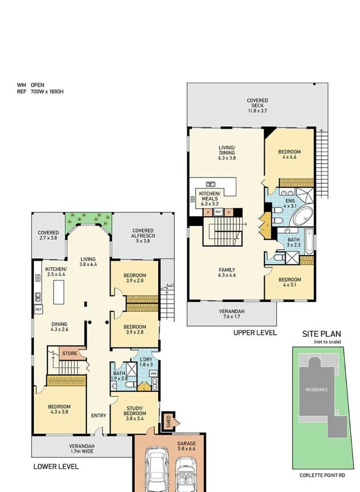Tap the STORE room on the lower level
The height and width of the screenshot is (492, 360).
tap(70, 353)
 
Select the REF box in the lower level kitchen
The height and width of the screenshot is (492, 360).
tap(38, 309)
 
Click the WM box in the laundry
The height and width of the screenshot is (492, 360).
tap(153, 374)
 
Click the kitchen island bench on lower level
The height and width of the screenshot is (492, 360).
tap(59, 292)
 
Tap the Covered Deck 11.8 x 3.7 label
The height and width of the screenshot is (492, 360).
tap(257, 105)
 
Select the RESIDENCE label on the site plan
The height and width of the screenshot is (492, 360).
tap(317, 390)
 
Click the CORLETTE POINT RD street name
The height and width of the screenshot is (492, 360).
tap(322, 476)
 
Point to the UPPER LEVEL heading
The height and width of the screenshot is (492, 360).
tap(255, 333)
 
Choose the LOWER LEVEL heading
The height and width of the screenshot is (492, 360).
tap(56, 467)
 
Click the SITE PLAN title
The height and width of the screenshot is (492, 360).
tap(321, 334)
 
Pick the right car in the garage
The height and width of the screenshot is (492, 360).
tap(186, 474)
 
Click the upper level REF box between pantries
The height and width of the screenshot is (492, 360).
tap(219, 212)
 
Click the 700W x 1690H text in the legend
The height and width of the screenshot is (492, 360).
tap(47, 92)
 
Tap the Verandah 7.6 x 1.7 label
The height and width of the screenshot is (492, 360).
tap(232, 314)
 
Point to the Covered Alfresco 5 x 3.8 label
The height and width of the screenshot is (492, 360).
tap(143, 236)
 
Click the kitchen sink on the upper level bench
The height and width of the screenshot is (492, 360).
tap(210, 184)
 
